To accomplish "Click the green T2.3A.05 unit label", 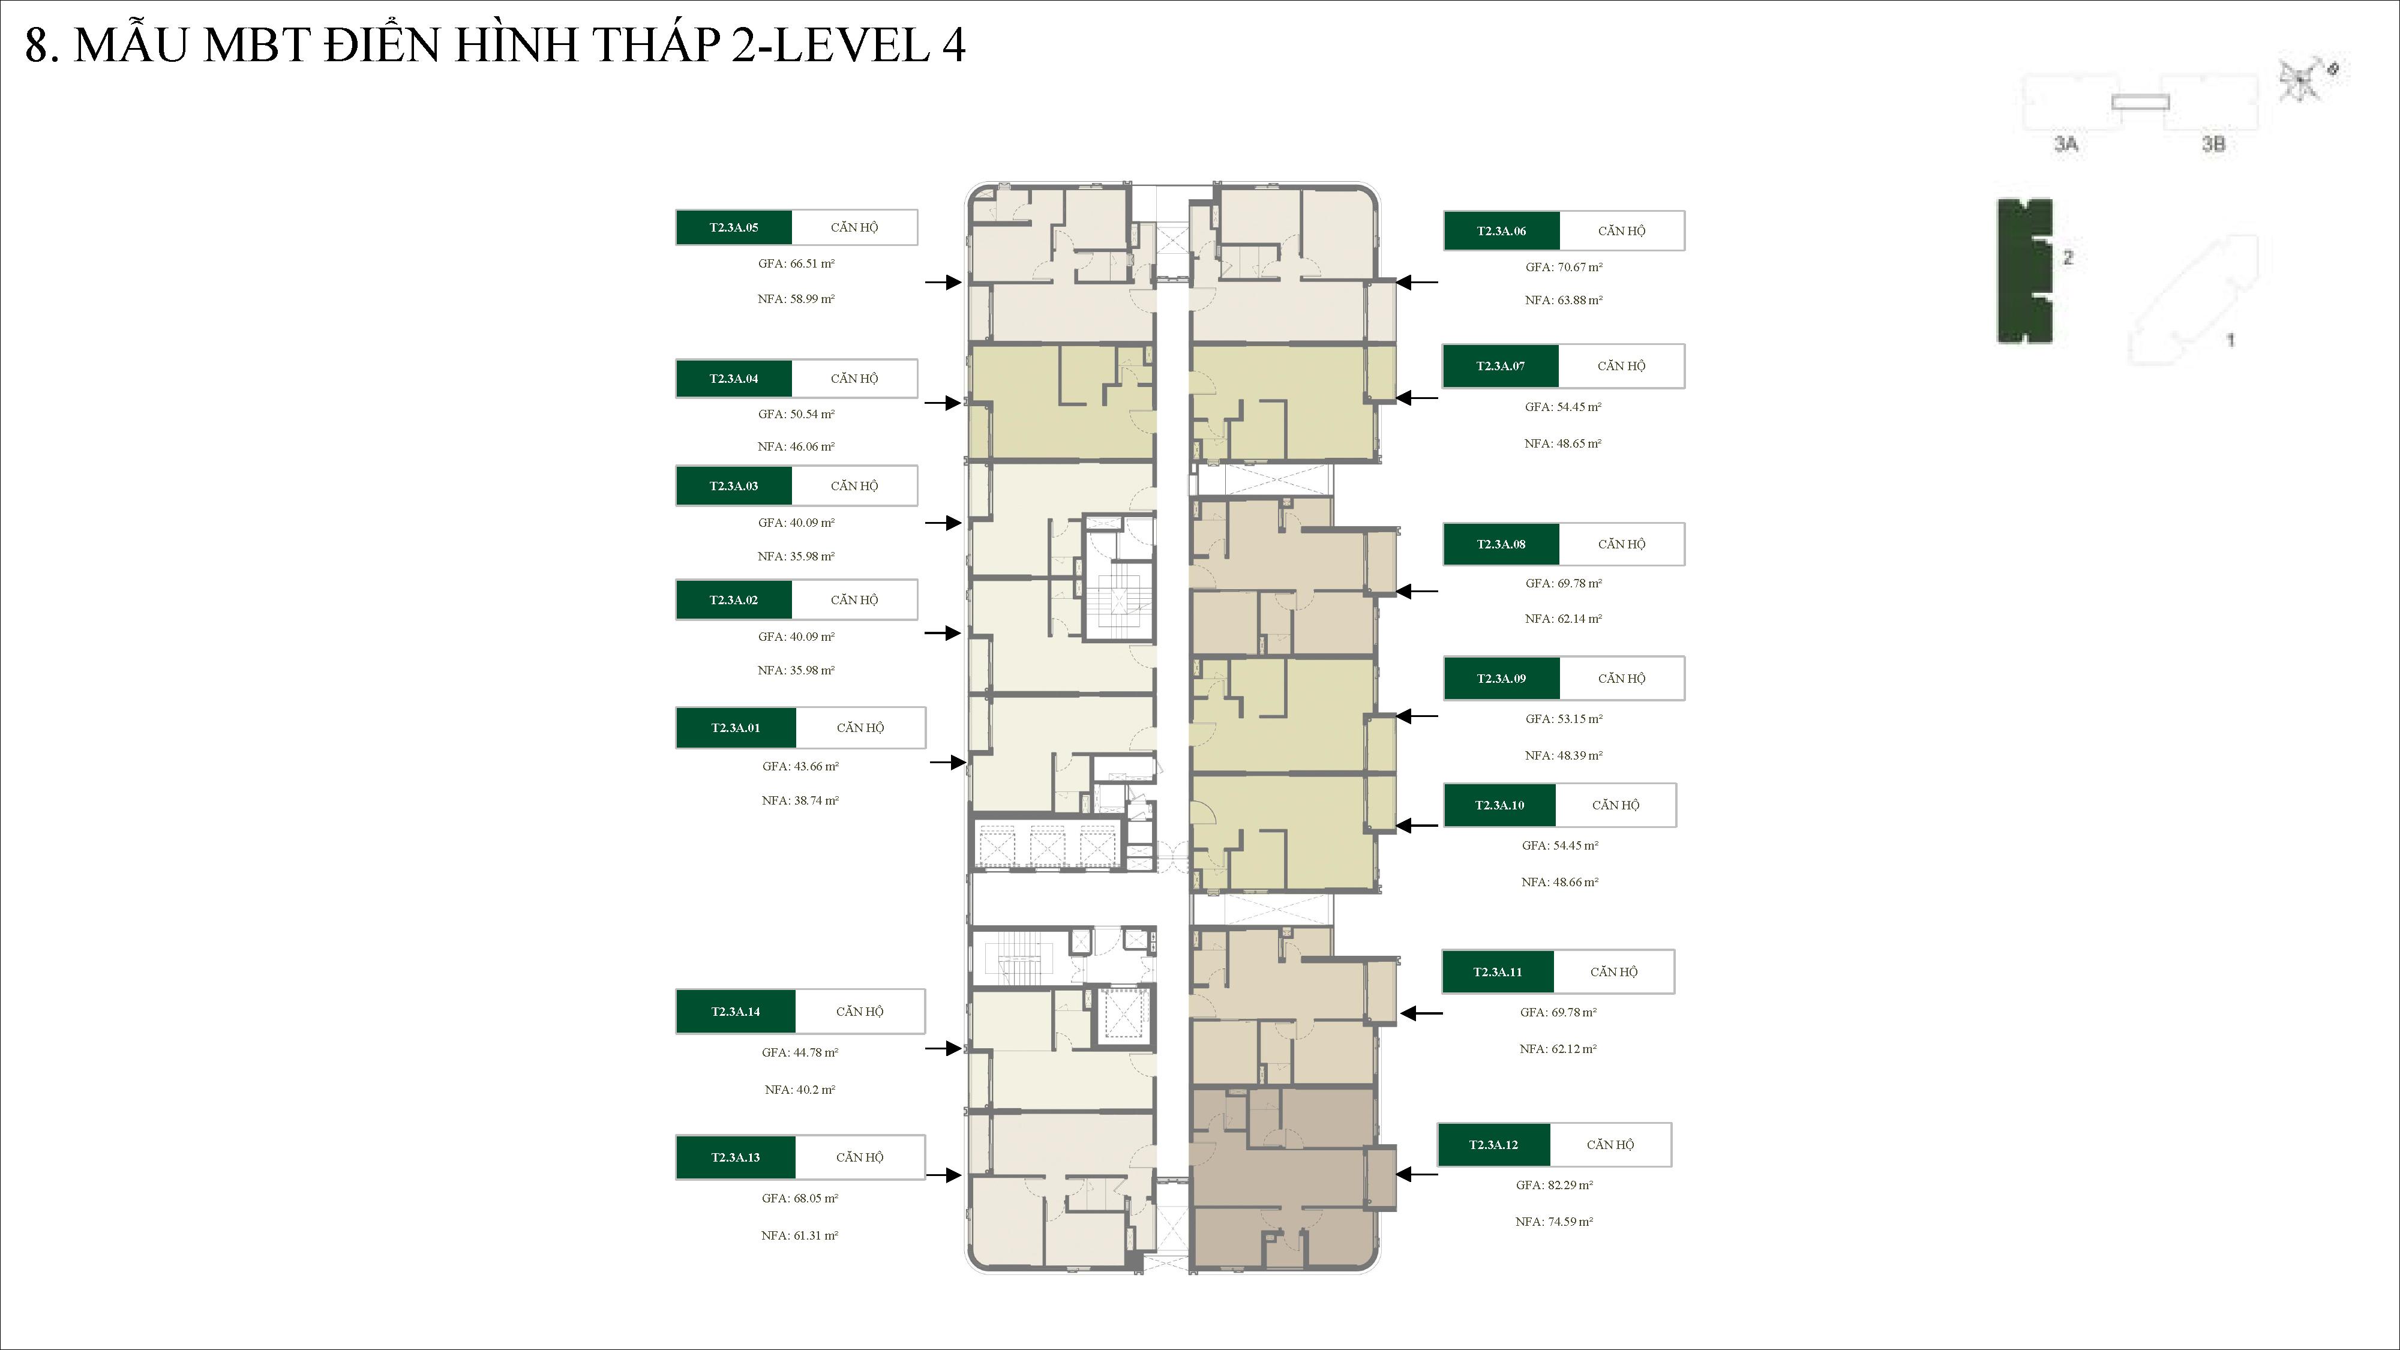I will point(734,227).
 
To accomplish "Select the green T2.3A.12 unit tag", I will point(1493,1145).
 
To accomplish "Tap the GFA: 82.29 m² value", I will point(1554,1185).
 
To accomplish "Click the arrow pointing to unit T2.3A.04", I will point(942,403).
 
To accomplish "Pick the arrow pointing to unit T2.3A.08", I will point(1417,590).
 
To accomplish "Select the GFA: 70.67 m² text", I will point(1564,268).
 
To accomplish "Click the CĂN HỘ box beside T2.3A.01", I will point(860,728).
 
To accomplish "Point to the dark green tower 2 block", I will point(2024,270).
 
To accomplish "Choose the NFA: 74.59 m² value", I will point(1554,1222).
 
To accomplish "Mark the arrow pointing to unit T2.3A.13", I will point(943,1175).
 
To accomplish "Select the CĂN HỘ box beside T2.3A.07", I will point(1621,366).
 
